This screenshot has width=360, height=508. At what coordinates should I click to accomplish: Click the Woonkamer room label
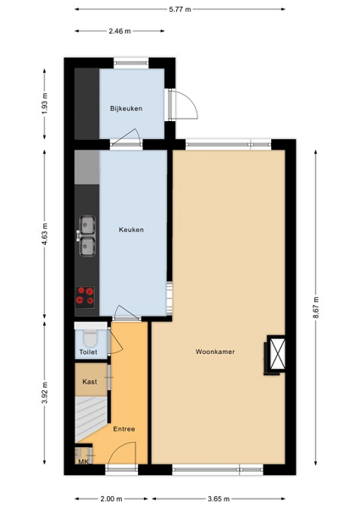[215, 351]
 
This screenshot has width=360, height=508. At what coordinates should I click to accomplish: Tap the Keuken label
[131, 229]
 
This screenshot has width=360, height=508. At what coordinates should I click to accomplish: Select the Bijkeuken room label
[126, 108]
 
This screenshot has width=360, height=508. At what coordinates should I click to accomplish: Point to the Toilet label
[88, 352]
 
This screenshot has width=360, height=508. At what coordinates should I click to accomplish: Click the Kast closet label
[90, 382]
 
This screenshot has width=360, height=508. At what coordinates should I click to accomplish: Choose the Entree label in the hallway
[125, 429]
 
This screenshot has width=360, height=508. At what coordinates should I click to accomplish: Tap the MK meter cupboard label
[84, 461]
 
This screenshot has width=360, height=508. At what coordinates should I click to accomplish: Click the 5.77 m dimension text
[180, 9]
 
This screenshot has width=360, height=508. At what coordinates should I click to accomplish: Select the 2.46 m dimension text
[119, 31]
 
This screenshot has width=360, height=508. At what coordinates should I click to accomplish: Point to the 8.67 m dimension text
[316, 307]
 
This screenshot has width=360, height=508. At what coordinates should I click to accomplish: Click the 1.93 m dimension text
[45, 103]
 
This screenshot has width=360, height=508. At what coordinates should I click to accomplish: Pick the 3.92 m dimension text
[45, 393]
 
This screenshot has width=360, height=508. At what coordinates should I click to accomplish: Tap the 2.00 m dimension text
[111, 499]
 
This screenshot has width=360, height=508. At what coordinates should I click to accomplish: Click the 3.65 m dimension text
[219, 499]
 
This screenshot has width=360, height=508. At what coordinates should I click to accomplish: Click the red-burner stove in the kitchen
[86, 297]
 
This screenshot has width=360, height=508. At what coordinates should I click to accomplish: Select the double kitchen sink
[86, 235]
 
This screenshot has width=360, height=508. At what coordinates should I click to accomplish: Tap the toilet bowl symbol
[91, 338]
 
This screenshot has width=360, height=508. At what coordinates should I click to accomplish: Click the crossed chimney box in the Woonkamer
[278, 354]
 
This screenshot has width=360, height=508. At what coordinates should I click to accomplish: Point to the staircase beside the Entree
[91, 418]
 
